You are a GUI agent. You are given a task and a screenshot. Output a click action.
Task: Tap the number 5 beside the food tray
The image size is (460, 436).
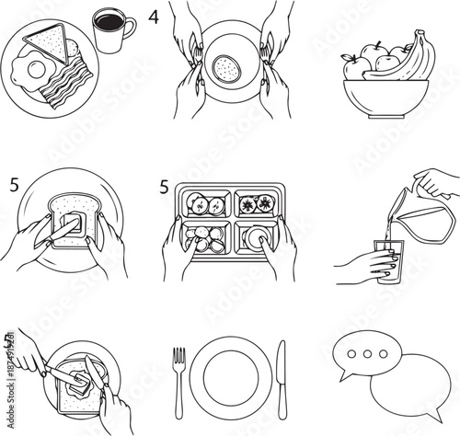tap(164, 187)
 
